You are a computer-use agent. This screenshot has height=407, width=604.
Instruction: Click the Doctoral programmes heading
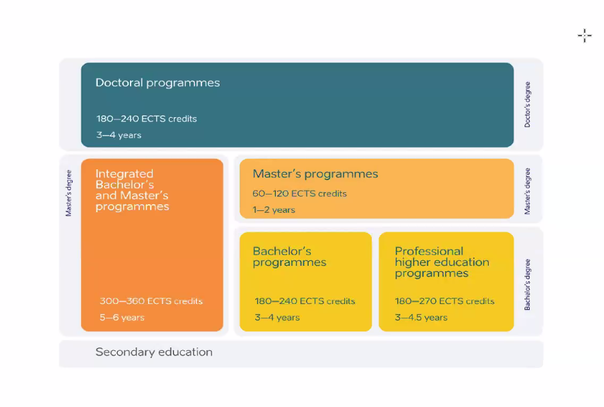click(157, 83)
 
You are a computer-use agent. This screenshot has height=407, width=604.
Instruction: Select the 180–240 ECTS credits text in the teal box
click(147, 118)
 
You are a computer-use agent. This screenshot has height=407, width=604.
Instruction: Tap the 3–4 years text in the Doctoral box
click(119, 135)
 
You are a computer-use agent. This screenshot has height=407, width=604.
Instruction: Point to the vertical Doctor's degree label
click(528, 104)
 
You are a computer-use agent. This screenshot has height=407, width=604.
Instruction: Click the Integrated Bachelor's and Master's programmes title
click(132, 190)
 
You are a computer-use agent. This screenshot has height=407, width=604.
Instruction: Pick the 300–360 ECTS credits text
click(151, 301)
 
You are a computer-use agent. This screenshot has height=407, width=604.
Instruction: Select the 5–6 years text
click(122, 318)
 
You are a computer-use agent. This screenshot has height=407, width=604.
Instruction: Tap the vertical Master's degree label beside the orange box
click(68, 193)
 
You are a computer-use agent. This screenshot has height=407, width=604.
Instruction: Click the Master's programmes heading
click(315, 174)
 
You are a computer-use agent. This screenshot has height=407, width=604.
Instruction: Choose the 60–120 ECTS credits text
click(300, 193)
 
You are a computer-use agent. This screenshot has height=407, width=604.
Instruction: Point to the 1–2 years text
click(274, 210)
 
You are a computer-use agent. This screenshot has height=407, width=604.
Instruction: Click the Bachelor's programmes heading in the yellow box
click(289, 257)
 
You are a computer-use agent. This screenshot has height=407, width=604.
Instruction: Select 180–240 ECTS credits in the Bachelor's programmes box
click(305, 301)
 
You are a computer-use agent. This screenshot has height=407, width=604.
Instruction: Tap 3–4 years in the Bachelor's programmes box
click(277, 318)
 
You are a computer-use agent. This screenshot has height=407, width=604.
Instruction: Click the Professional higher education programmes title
click(442, 262)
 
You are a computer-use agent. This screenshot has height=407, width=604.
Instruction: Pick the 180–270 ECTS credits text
click(445, 301)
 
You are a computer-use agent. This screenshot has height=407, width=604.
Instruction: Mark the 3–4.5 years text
click(421, 318)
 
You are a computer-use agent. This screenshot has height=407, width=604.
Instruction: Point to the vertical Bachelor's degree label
click(528, 284)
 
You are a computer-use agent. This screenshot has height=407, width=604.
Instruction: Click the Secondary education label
click(154, 352)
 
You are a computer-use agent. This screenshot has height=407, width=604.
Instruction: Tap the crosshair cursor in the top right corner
click(585, 35)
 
